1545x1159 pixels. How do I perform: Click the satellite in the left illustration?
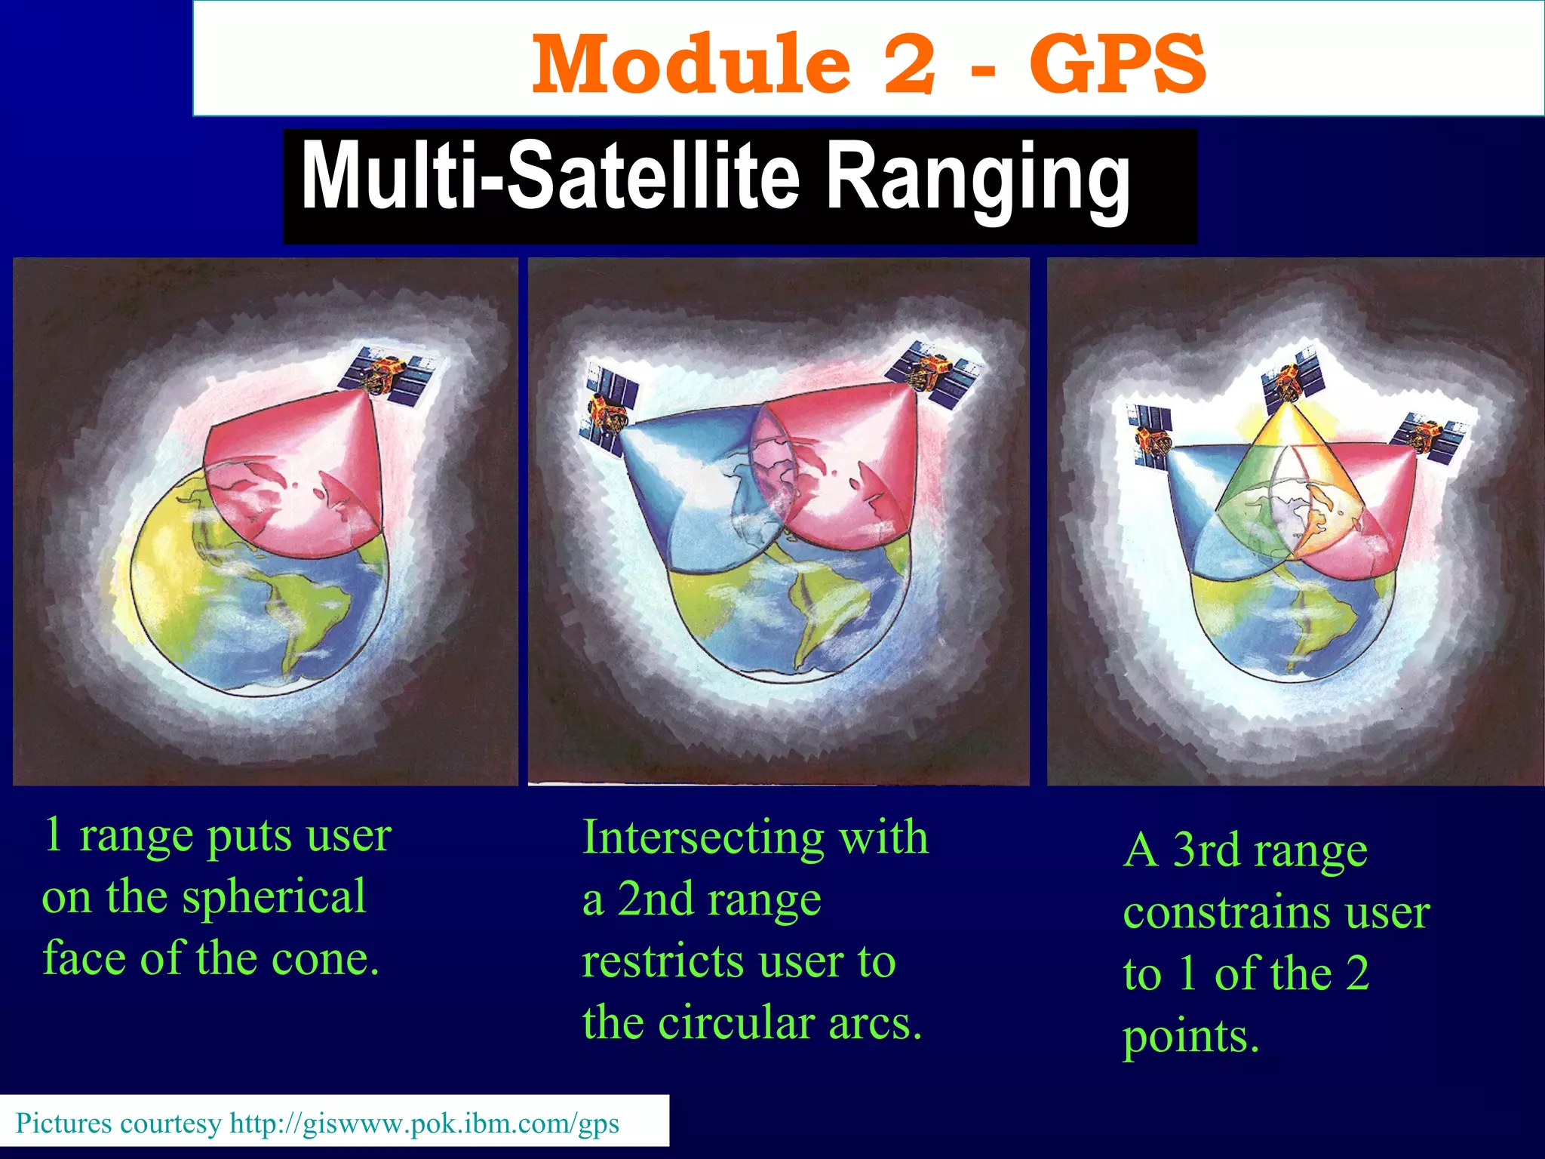(x=392, y=375)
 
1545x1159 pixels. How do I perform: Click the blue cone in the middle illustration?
(x=679, y=490)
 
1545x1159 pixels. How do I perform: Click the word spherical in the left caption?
(x=274, y=898)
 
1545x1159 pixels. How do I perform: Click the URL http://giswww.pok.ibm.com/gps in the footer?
(x=424, y=1124)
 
